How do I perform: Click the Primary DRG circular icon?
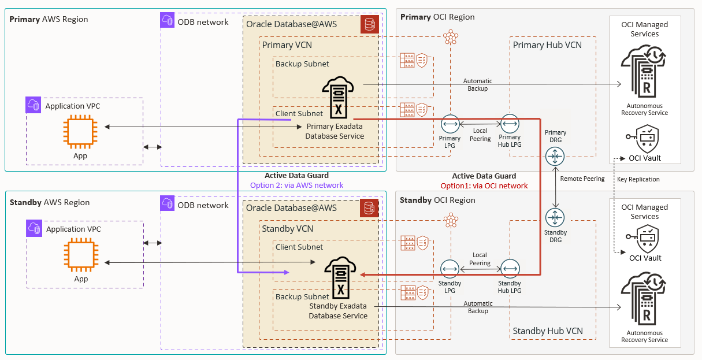pos(555,156)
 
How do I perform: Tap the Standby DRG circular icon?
pos(555,218)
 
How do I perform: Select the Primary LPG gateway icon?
pos(450,124)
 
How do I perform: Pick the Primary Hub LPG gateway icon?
pos(510,124)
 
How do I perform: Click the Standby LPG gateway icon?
pos(450,269)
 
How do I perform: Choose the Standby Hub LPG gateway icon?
pos(510,269)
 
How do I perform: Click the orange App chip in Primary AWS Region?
pos(80,131)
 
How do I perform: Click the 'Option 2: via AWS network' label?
pos(296,185)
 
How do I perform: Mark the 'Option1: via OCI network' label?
pos(484,185)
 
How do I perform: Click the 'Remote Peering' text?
pos(582,179)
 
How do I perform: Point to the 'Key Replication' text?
pos(638,179)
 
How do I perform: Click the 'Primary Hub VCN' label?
pos(547,45)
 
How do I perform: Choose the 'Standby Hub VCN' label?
pos(548,331)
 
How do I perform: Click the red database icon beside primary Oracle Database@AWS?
pos(369,24)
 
